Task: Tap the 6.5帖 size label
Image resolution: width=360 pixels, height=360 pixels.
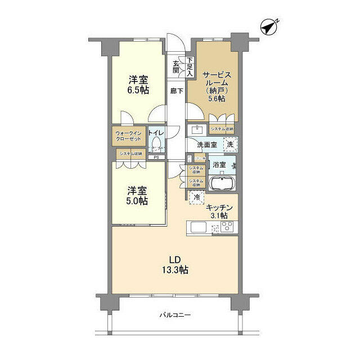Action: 138,89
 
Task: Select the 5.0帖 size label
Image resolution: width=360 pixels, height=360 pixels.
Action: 137,201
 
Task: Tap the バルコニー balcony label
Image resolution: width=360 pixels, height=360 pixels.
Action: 175,315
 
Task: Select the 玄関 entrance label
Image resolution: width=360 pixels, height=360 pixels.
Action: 176,66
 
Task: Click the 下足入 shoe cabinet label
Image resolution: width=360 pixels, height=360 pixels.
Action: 190,66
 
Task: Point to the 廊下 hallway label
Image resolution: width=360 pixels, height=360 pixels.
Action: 177,91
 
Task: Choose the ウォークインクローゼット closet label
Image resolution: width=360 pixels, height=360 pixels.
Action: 129,137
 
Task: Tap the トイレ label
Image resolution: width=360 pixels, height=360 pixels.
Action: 156,133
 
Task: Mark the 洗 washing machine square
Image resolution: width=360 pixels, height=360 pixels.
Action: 229,144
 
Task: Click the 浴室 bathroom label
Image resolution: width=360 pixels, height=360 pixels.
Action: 219,165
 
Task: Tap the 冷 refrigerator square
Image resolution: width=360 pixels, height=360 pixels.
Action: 197,197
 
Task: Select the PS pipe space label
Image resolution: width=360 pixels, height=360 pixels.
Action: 156,157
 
